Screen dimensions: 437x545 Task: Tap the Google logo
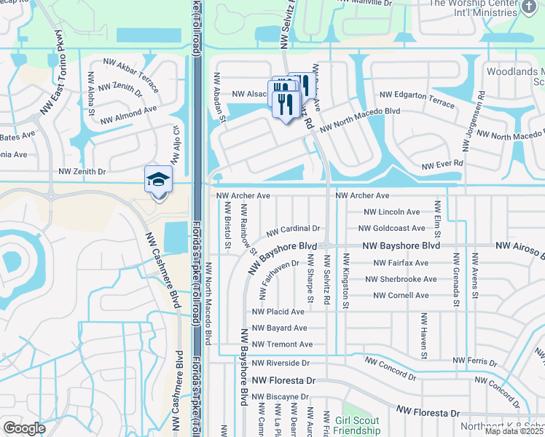click(24, 428)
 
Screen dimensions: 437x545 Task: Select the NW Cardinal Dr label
click(293, 230)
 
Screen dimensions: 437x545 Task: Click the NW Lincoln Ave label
click(393, 212)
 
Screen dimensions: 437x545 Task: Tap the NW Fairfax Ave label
click(401, 263)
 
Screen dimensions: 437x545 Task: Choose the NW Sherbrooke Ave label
click(401, 279)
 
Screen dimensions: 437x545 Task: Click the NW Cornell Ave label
click(401, 296)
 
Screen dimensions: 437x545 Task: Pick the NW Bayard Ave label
click(279, 328)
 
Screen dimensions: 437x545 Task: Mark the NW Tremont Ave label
click(282, 345)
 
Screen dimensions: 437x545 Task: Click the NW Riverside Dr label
click(281, 363)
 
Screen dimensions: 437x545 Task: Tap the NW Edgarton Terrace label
click(417, 95)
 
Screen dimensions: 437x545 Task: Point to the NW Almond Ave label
click(128, 114)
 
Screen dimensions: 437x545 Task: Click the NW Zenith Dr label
click(82, 172)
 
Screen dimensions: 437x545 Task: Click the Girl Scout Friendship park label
click(358, 425)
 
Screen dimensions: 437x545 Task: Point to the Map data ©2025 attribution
click(514, 431)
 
